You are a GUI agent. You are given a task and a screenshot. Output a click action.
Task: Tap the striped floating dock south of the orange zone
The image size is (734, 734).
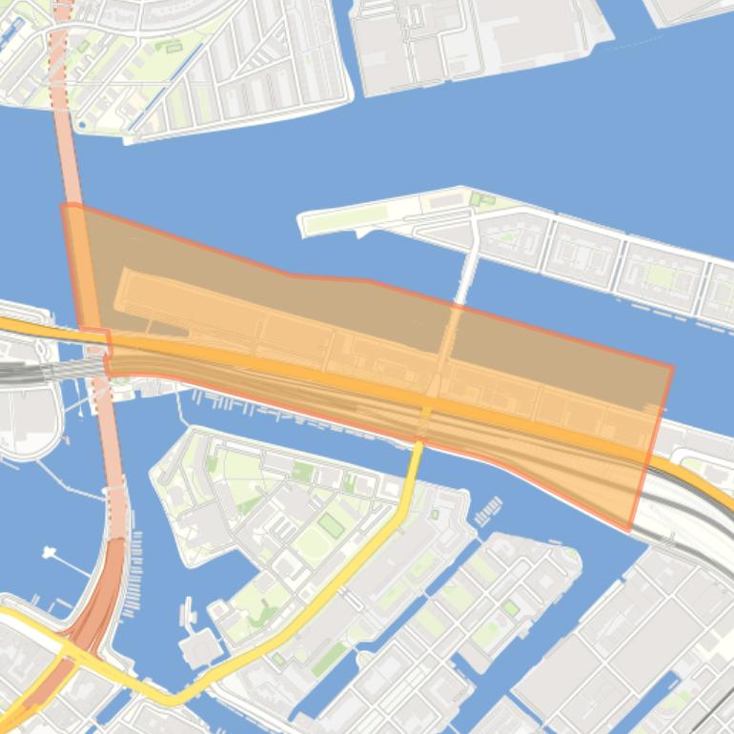point(487,511)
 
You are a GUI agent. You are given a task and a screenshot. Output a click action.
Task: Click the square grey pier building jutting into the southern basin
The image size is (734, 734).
point(200,649)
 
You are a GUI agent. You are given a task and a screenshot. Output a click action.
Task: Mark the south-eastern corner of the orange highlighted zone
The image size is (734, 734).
point(629,530)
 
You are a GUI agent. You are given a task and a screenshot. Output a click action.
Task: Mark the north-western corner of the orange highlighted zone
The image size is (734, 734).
point(65,205)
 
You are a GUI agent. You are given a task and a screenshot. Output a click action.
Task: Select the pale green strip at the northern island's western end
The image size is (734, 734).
point(334,220)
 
